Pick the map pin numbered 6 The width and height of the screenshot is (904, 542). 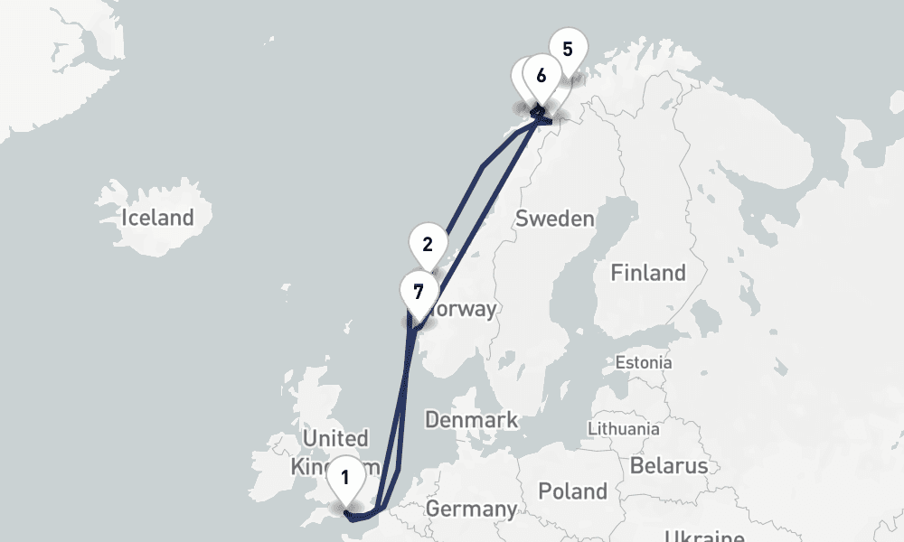coord(541,76)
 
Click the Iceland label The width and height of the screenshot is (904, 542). coord(158,217)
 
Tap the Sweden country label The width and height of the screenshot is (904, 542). coord(554,219)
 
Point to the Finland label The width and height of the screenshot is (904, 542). coord(648,272)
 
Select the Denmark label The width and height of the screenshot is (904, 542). coord(471,419)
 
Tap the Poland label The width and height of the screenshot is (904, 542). coord(572,491)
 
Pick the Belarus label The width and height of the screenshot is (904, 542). coord(669,466)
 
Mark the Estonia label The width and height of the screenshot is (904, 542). coord(643,362)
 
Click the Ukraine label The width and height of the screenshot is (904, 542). coord(705,534)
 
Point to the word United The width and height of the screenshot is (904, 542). coord(334,439)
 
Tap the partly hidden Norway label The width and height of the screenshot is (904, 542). coord(466,310)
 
